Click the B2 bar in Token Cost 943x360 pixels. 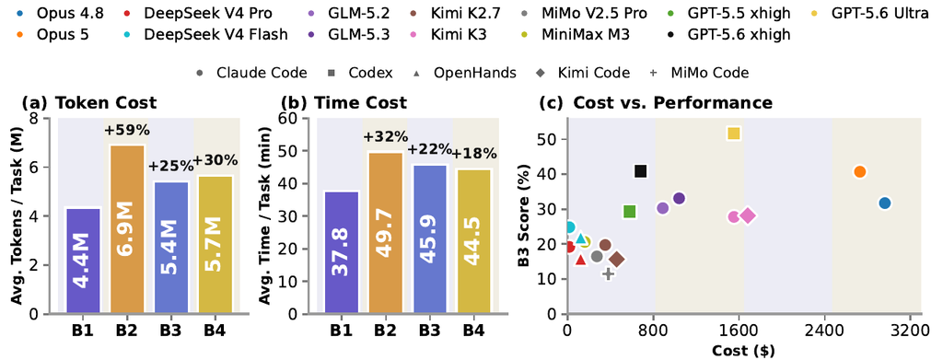[126, 229]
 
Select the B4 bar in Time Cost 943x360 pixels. [472, 241]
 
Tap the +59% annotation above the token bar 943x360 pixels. [127, 131]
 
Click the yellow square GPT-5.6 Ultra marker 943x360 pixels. [733, 134]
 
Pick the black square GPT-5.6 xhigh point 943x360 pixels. [641, 171]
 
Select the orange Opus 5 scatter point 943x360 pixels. [859, 172]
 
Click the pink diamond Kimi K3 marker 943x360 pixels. [748, 215]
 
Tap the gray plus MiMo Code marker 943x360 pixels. [608, 273]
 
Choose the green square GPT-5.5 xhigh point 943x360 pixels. [630, 212]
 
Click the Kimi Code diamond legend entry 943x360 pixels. [583, 74]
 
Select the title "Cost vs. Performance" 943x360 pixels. [672, 103]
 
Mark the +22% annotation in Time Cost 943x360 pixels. [429, 149]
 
